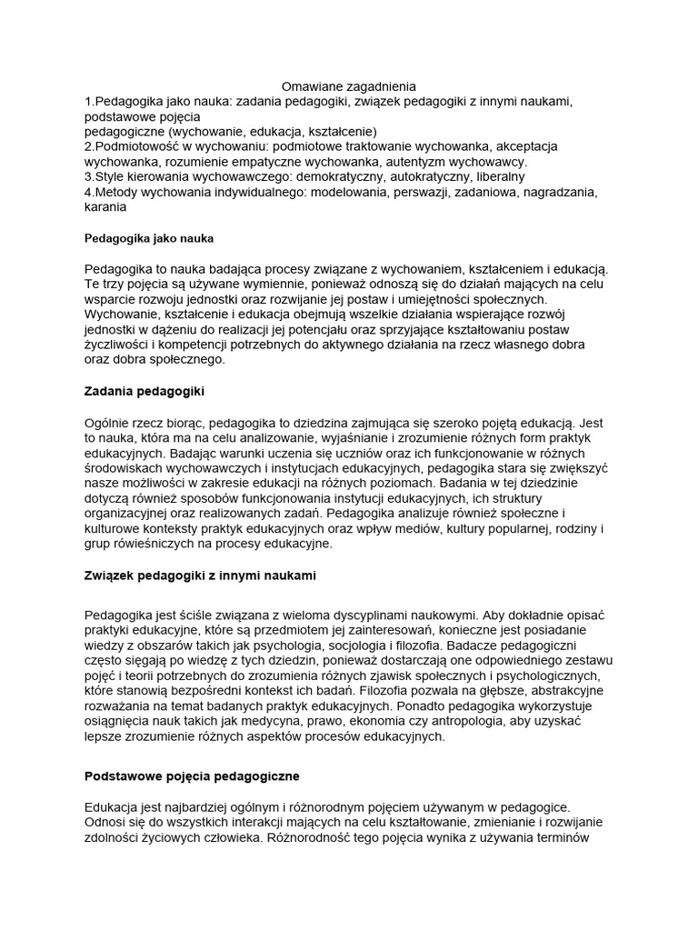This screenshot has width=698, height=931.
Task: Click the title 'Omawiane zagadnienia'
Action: pyautogui.click(x=349, y=85)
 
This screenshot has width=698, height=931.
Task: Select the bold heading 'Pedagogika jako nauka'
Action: pyautogui.click(x=148, y=238)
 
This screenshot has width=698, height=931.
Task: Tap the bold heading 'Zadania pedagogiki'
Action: pyautogui.click(x=145, y=392)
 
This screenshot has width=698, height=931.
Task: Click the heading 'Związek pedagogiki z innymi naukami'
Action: pyautogui.click(x=200, y=576)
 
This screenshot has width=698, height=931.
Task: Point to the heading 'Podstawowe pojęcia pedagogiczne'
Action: pyautogui.click(x=192, y=776)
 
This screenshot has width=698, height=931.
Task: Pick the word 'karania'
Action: pyautogui.click(x=105, y=207)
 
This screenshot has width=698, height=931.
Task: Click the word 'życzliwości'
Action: pyautogui.click(x=120, y=345)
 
